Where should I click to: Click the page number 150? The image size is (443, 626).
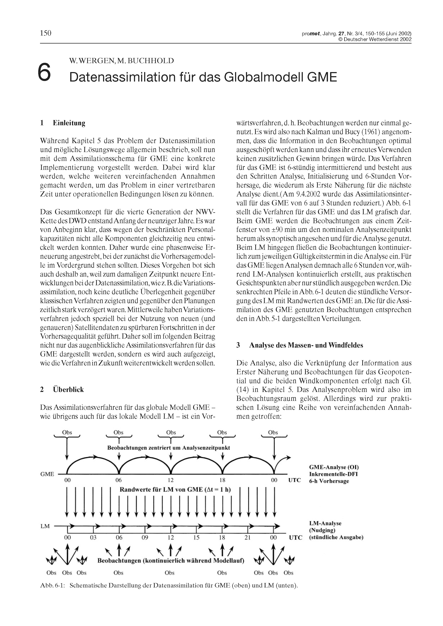coord(46,33)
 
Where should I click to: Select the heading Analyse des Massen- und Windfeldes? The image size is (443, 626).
coord(306,345)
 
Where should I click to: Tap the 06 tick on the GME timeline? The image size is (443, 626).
coord(119,480)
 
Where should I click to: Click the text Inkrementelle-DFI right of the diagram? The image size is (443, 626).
coord(333,474)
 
